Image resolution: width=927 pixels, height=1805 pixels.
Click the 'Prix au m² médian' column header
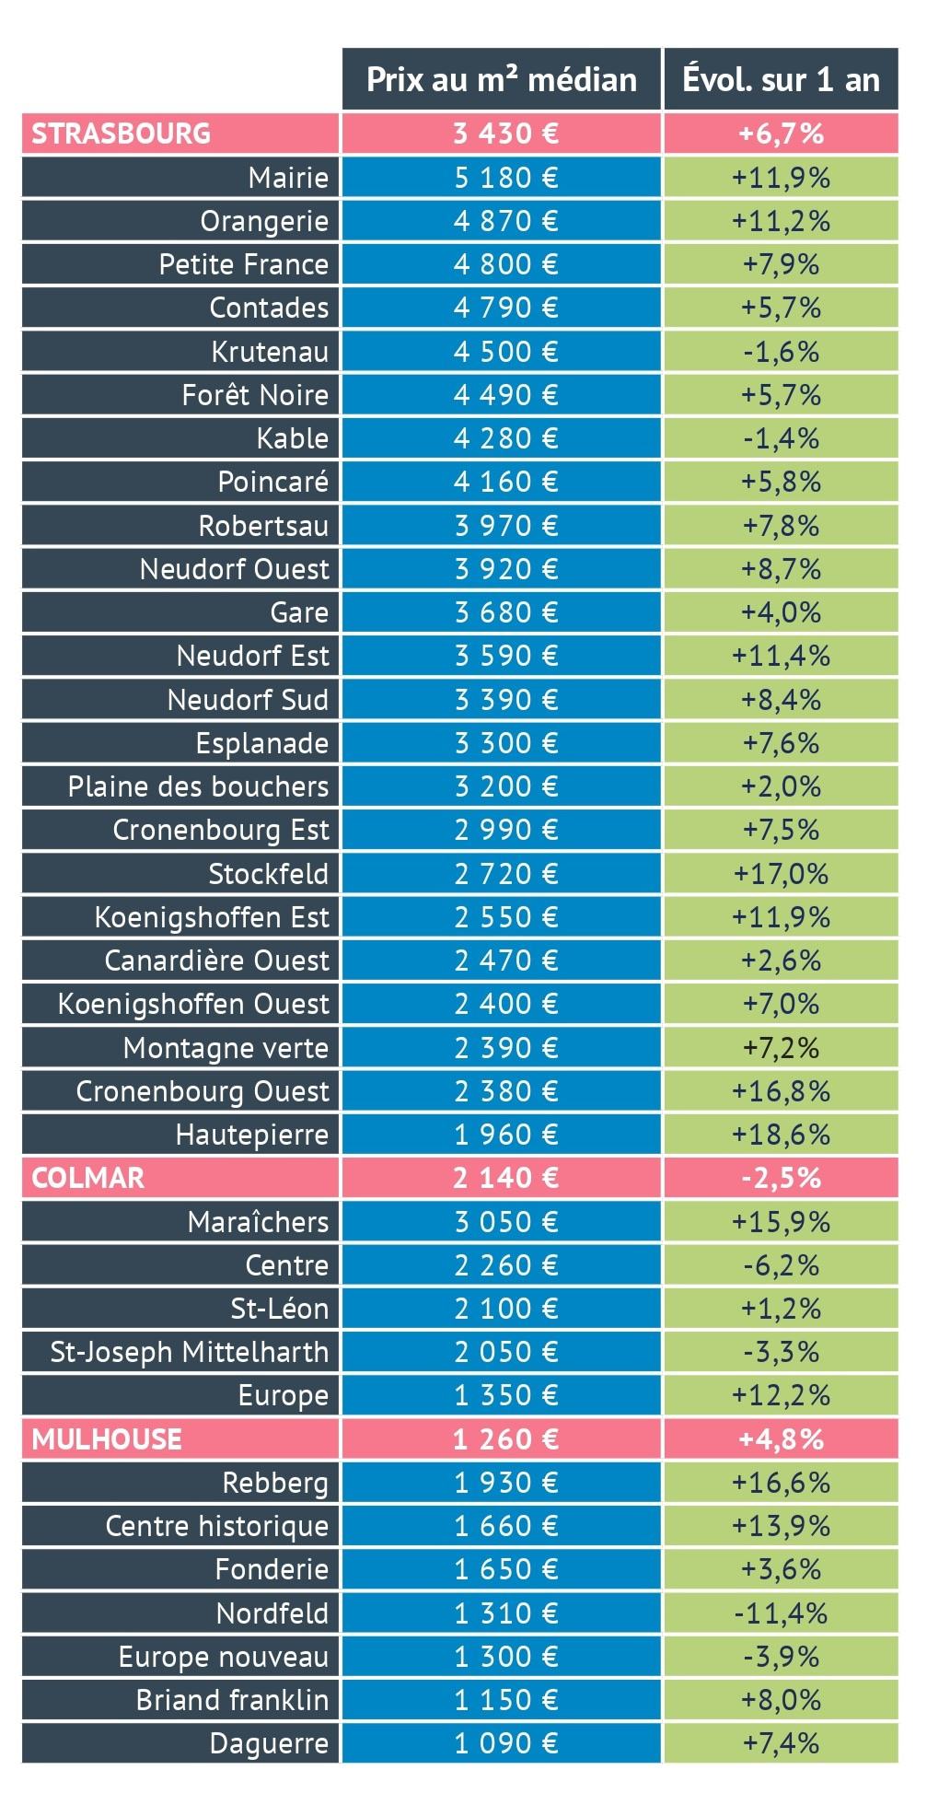502,79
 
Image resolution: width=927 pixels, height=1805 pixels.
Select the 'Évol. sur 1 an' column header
781,79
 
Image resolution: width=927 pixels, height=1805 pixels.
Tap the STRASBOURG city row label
121,134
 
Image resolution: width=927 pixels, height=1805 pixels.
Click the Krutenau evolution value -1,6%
781,352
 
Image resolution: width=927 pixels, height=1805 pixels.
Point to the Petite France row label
244,264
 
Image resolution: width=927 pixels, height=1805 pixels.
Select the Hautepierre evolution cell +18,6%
781,1135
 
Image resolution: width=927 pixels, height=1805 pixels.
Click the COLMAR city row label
88,1179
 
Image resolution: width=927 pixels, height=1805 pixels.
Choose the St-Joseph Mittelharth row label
190,1353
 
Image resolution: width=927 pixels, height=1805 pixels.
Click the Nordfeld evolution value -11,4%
781,1613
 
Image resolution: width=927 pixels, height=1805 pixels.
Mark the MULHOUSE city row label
107,1439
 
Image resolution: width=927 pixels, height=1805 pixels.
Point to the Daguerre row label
269,1744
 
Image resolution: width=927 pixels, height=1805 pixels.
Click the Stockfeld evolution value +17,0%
781,874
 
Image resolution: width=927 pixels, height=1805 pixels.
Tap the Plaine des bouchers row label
198,786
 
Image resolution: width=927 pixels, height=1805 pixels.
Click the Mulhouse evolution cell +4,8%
781,1439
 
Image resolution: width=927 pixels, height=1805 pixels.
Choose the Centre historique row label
217,1527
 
